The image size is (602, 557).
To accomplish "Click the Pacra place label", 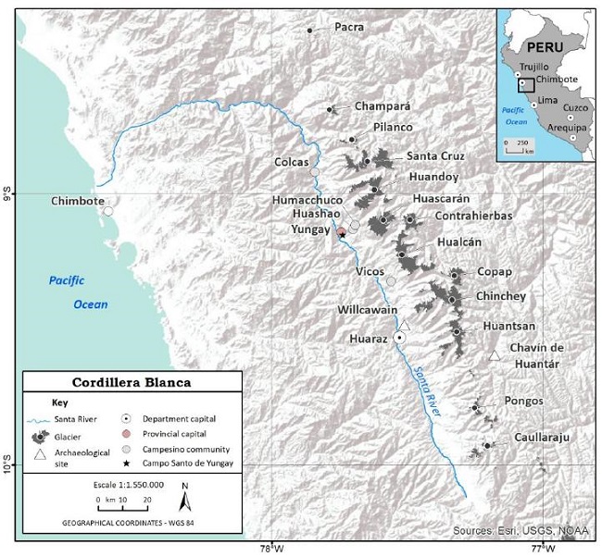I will pyautogui.click(x=348, y=28).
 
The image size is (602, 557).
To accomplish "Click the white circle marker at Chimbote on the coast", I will pyautogui.click(x=108, y=211).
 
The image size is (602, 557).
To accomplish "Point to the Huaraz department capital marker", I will pyautogui.click(x=399, y=339).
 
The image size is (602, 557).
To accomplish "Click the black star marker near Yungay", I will pyautogui.click(x=342, y=235).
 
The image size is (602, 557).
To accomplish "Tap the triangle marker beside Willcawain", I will pyautogui.click(x=404, y=325).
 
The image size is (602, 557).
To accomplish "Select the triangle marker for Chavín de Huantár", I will pyautogui.click(x=495, y=355).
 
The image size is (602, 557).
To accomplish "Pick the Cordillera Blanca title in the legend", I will pyautogui.click(x=132, y=382).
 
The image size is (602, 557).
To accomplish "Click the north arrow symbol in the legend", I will pyautogui.click(x=185, y=501).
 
